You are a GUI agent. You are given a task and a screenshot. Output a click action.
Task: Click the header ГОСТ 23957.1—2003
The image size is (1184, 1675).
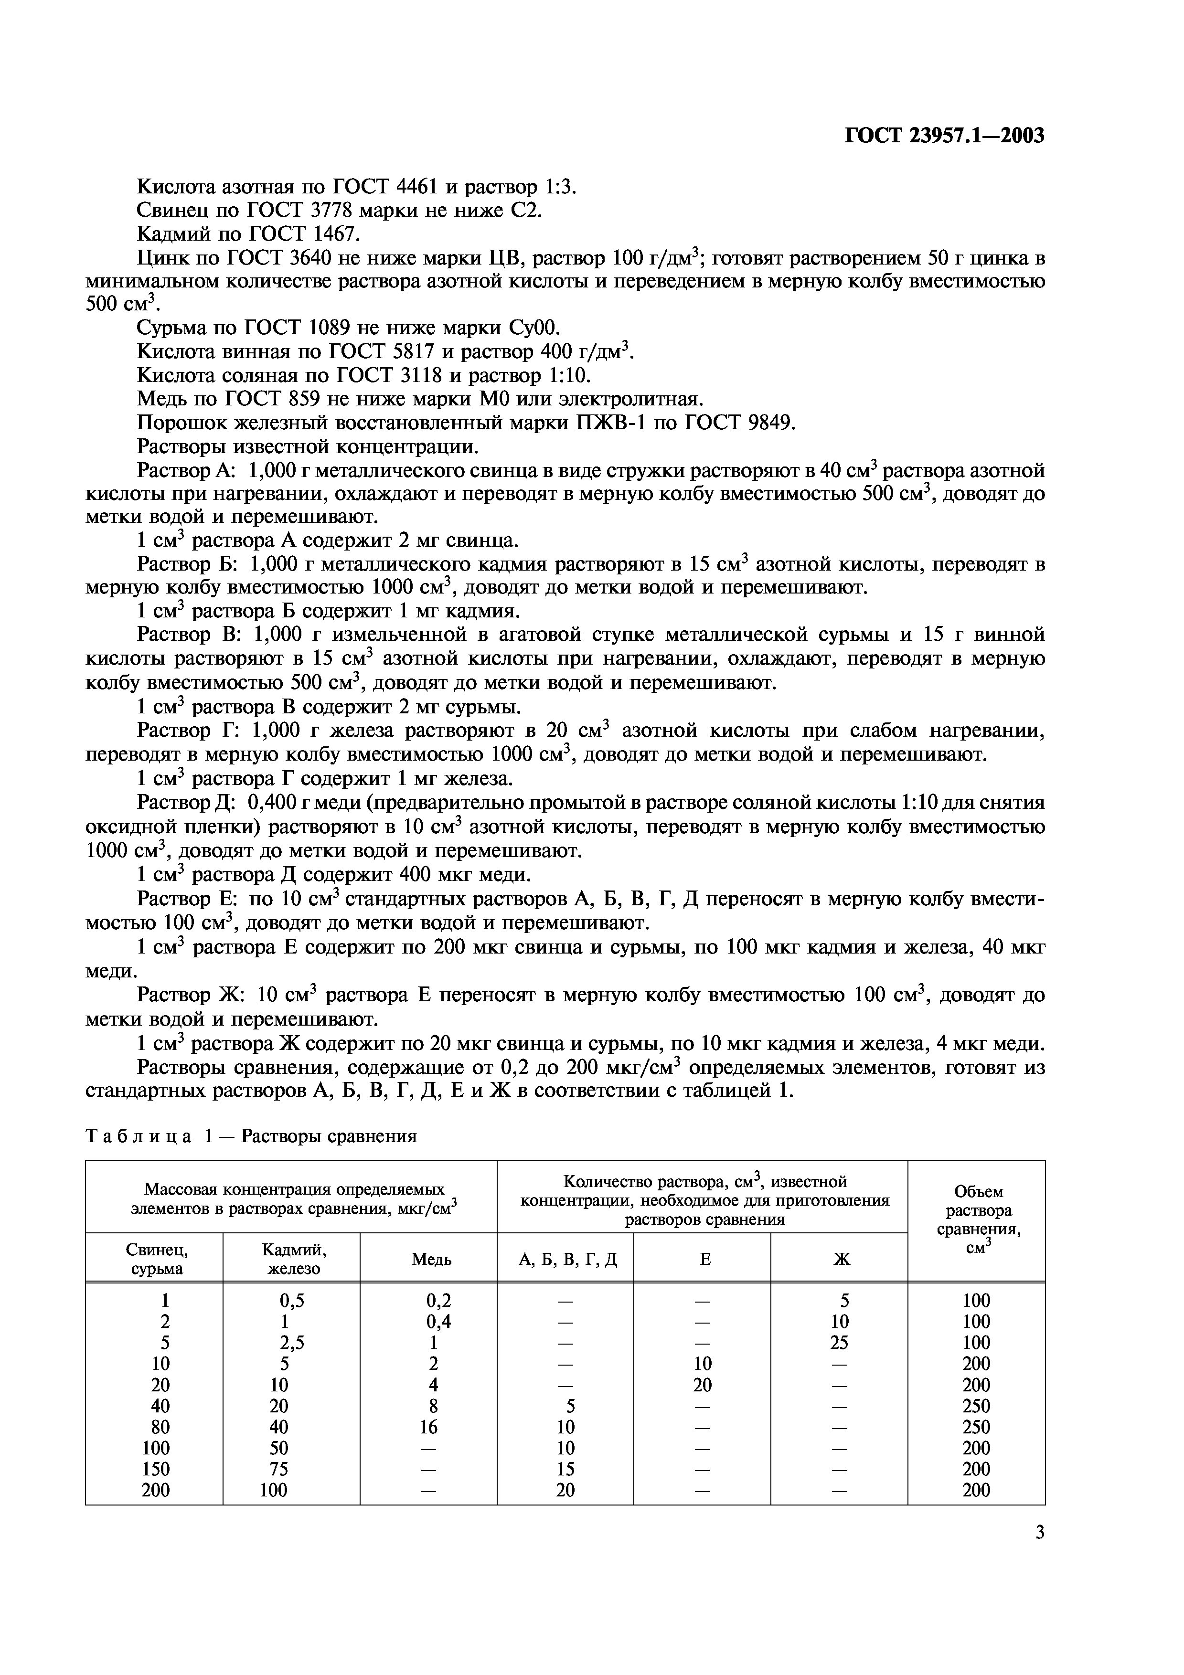click(x=945, y=136)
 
